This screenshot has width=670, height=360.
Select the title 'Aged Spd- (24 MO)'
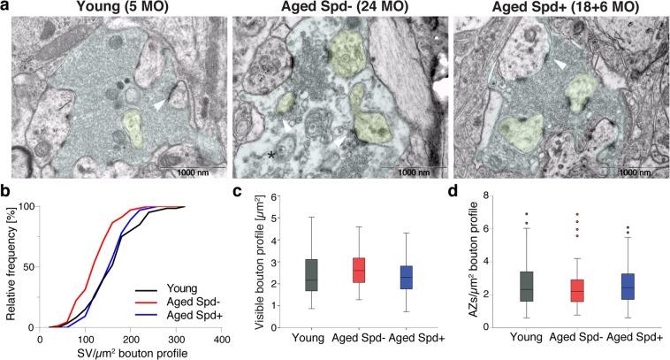coord(334,8)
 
